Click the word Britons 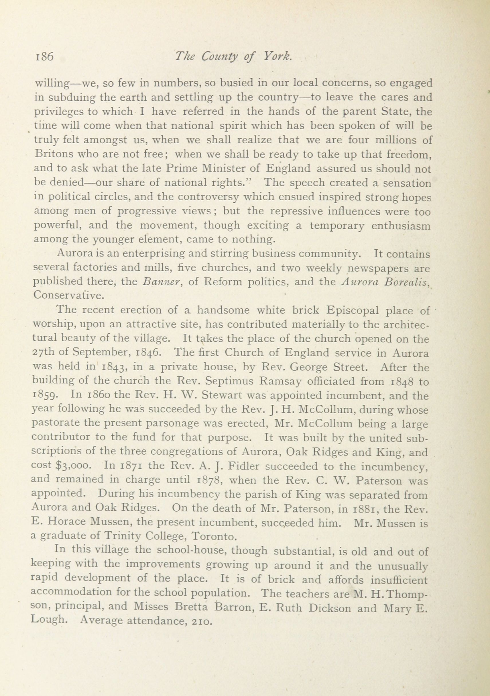point(53,154)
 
